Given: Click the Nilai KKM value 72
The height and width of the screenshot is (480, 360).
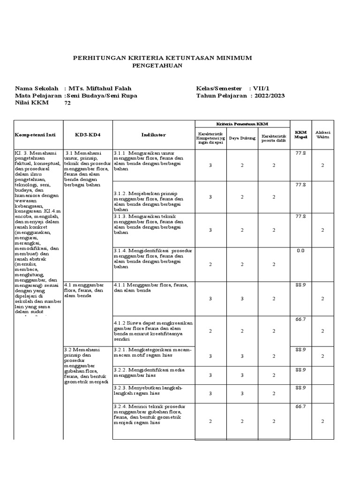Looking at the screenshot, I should click(x=67, y=104).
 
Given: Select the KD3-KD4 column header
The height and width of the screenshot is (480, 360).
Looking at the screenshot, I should click(x=88, y=135).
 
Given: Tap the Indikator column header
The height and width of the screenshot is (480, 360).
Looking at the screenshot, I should click(x=153, y=135).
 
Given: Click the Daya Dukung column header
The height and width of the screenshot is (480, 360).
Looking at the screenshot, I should click(x=242, y=138).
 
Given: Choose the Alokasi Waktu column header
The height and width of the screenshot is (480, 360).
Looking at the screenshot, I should click(x=322, y=135).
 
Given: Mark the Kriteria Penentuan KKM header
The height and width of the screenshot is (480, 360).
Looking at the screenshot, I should click(x=242, y=123).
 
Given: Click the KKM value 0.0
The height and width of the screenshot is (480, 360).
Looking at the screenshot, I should click(x=300, y=251).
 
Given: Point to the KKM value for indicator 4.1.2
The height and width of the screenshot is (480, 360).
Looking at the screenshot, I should click(x=300, y=319).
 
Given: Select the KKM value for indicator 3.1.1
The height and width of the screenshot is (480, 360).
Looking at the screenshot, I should click(x=300, y=153).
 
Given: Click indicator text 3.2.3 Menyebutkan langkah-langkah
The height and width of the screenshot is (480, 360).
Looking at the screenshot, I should click(x=148, y=391).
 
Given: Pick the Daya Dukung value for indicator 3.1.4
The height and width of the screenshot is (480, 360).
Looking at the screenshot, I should click(x=242, y=264).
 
